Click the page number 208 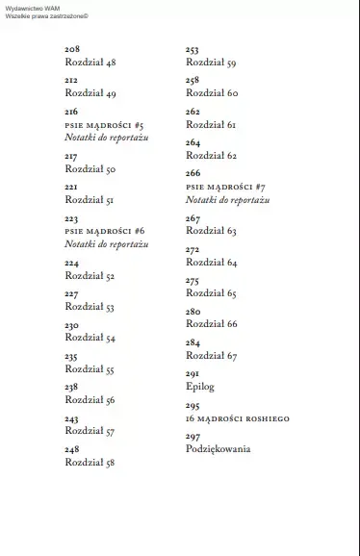click(x=72, y=49)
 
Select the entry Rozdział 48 click(x=90, y=62)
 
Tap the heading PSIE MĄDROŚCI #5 click(x=104, y=125)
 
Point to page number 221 click(x=71, y=188)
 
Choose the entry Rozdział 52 click(x=90, y=276)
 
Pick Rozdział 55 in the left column click(x=90, y=369)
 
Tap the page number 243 click(x=72, y=419)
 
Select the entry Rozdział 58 click(x=90, y=463)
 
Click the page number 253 click(x=193, y=49)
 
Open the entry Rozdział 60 click(x=212, y=93)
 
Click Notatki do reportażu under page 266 click(x=227, y=199)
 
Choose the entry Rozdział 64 click(x=212, y=263)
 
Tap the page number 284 click(x=193, y=342)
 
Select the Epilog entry click(x=200, y=387)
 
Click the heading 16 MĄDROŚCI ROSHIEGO click(x=237, y=418)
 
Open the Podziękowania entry click(x=218, y=449)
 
